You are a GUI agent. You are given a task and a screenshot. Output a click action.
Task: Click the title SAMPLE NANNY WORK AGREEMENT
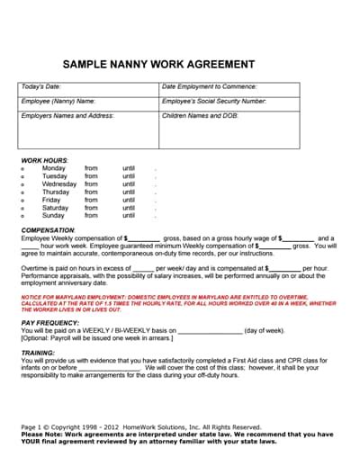[157, 65]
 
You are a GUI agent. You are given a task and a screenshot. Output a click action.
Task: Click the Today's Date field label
[40, 87]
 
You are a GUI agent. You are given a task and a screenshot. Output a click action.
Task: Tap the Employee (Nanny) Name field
[58, 102]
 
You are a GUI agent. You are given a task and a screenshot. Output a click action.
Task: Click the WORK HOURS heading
[43, 160]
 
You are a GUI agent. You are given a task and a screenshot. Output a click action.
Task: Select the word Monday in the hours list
[54, 168]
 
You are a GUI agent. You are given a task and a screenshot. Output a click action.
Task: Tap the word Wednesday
[59, 184]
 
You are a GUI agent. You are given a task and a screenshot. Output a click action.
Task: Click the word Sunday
[53, 216]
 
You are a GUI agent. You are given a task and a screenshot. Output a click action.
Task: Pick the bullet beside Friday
[22, 201]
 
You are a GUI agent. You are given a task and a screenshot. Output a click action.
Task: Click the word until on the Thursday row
[129, 193]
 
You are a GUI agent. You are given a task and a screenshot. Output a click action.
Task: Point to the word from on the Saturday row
[91, 208]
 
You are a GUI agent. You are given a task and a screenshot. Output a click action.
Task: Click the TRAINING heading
[38, 354]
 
